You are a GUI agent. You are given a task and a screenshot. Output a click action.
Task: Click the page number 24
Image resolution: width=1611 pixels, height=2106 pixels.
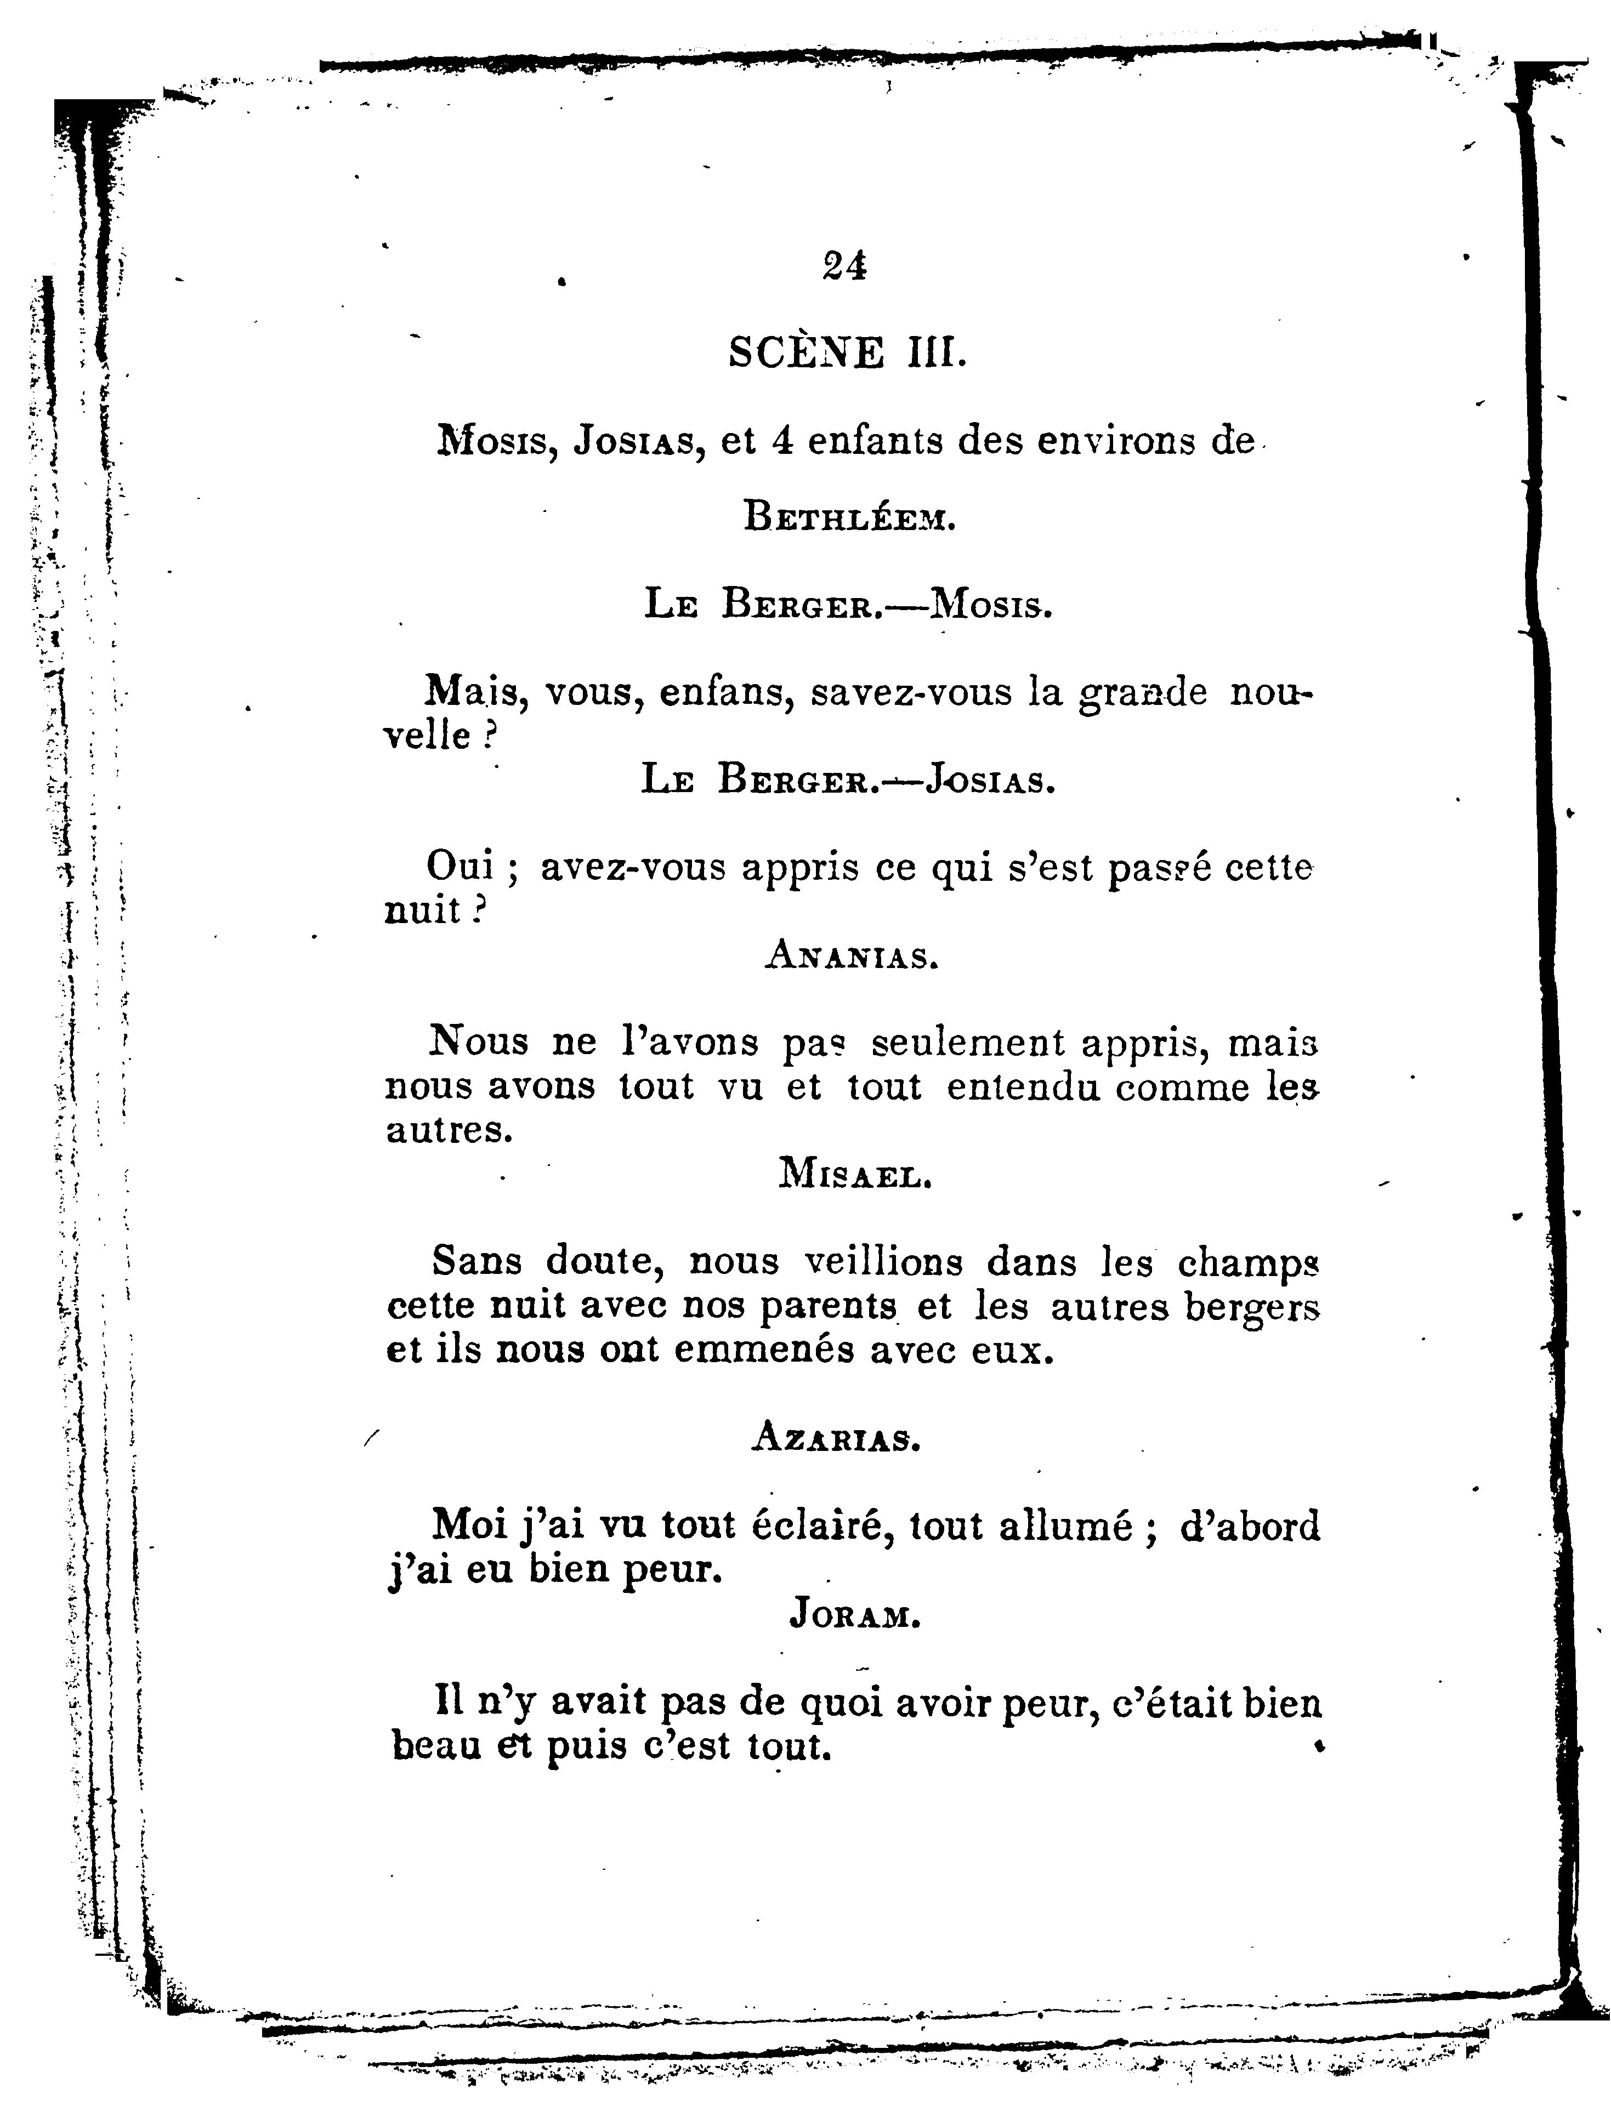pyautogui.click(x=844, y=265)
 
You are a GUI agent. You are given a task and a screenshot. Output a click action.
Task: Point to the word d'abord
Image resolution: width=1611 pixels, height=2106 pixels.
pyautogui.click(x=1250, y=1525)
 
